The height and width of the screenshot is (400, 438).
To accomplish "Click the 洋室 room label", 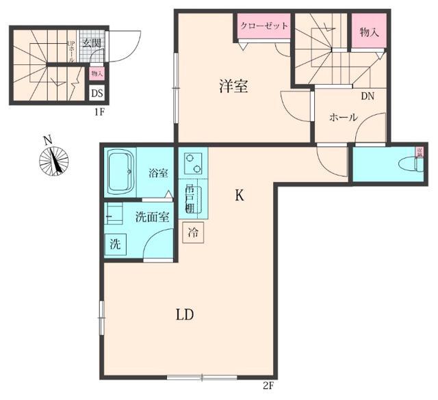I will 233,87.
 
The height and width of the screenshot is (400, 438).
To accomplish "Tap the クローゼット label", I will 263,26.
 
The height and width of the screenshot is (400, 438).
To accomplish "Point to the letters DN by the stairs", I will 367,96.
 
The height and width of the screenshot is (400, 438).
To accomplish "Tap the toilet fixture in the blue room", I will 409,163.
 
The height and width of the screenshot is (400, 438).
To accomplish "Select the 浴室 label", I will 159,173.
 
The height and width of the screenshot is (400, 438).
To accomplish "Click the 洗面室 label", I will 152,218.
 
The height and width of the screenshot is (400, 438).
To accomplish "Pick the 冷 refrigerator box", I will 194,232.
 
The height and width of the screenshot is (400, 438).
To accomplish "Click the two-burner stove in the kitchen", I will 194,163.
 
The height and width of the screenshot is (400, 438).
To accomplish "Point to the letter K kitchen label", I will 240,196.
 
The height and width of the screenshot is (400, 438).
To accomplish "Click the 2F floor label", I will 268,386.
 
